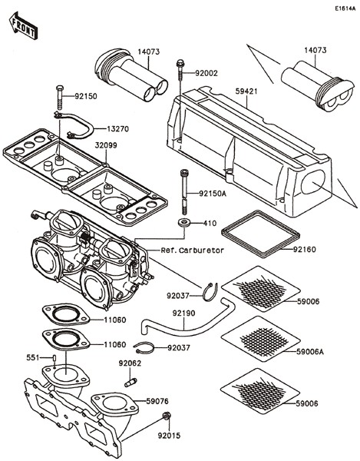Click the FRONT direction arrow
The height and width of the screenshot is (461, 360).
pos(22,29)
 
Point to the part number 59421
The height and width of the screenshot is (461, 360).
pos(246,91)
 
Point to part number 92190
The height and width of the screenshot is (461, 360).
pos(184,313)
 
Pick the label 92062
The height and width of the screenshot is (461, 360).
pos(129,363)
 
